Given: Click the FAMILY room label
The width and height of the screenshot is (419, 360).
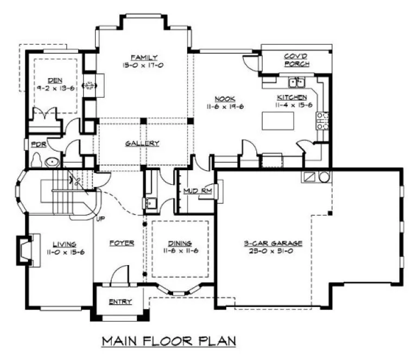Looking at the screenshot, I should (x=144, y=57).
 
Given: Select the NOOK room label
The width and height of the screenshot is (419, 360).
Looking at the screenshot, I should (x=224, y=99).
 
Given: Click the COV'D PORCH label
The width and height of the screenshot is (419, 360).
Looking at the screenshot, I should (x=297, y=60).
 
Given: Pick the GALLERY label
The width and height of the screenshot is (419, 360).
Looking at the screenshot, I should (x=142, y=144).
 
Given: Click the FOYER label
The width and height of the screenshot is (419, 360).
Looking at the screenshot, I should (x=120, y=243).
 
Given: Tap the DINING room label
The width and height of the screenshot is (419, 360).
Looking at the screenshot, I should (x=180, y=243).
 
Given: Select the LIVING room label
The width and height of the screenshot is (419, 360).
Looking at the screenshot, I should (x=61, y=244).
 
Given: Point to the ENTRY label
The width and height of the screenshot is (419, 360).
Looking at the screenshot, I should (x=120, y=301).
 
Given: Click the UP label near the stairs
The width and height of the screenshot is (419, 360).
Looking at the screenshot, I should (x=100, y=218).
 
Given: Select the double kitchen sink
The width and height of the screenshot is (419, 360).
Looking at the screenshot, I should (x=296, y=82).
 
